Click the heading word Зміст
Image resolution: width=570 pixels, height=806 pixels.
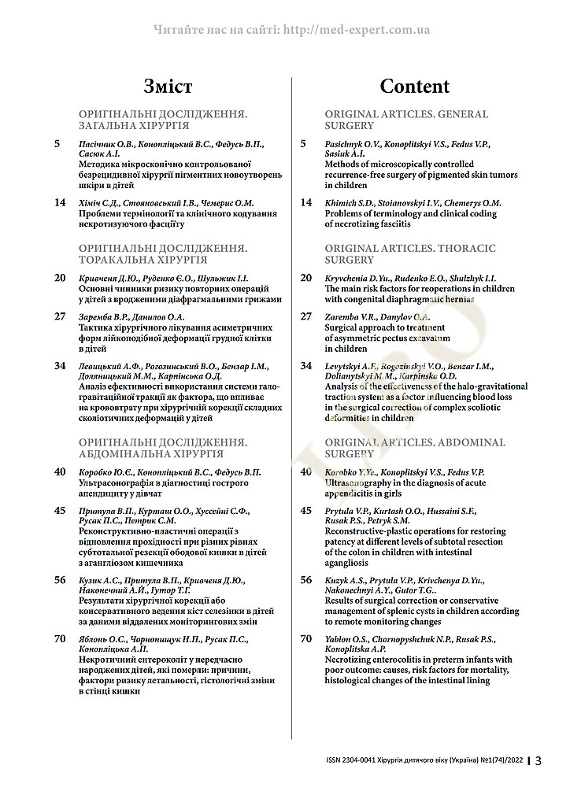168,86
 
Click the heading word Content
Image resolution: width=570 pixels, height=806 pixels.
414,86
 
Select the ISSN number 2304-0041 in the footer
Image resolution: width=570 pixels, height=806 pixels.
365,761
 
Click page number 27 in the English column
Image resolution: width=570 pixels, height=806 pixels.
307,316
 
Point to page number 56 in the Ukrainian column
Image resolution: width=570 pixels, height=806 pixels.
60,580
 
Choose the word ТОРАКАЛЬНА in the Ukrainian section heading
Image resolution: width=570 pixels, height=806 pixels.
120,259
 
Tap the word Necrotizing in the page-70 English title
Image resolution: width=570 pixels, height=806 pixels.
352,659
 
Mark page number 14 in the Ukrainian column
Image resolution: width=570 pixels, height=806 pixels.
60,202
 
